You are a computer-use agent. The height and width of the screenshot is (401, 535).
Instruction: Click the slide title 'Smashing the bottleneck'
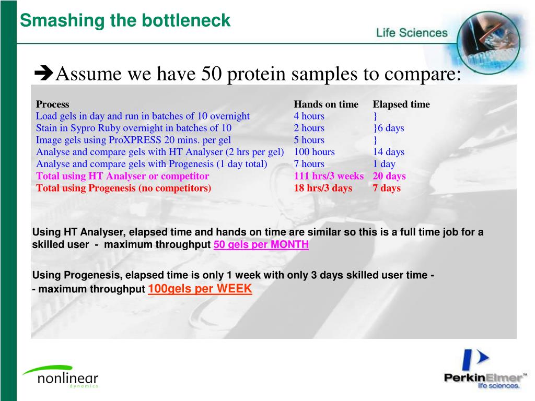(x=125, y=21)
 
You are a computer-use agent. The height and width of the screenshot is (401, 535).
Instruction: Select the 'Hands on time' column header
(x=326, y=104)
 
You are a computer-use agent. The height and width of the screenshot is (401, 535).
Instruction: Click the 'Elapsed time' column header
(x=401, y=104)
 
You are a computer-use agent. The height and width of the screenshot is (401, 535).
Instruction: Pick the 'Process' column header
(x=52, y=104)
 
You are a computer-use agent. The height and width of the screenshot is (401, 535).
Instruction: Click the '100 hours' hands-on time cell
(x=314, y=152)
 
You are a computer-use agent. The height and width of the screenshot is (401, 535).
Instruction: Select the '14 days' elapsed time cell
(x=388, y=152)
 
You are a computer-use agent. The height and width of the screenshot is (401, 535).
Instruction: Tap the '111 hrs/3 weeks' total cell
(x=329, y=176)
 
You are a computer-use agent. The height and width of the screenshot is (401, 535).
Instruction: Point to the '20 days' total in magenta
(x=389, y=176)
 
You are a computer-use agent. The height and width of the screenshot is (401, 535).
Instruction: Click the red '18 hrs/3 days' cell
(x=323, y=188)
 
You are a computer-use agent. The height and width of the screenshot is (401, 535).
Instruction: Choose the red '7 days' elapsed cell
(x=387, y=188)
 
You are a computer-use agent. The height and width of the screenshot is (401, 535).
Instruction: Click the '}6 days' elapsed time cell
(x=388, y=128)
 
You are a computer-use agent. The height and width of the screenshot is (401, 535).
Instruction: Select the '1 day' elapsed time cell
(x=384, y=164)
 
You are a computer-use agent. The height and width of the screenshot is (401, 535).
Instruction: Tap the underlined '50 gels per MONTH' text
(x=261, y=245)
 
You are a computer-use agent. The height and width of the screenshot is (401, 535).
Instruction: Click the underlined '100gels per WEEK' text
(x=200, y=289)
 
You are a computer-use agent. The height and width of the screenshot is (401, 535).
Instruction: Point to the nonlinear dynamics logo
(x=60, y=376)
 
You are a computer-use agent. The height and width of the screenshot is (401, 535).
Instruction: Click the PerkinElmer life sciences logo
(x=483, y=371)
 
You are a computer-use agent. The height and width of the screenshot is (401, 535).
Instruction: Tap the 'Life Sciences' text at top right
(x=412, y=33)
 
